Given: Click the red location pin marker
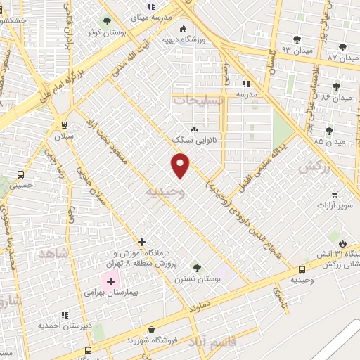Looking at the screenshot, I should click(x=181, y=166).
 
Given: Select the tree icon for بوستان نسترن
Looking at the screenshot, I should click(x=196, y=267).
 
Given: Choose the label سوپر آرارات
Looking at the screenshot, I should click(x=333, y=205).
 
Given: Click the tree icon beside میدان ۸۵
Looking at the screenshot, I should click(x=329, y=131).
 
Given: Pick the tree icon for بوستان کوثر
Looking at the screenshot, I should click(x=107, y=21).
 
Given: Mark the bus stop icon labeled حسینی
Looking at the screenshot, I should click(x=20, y=174).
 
